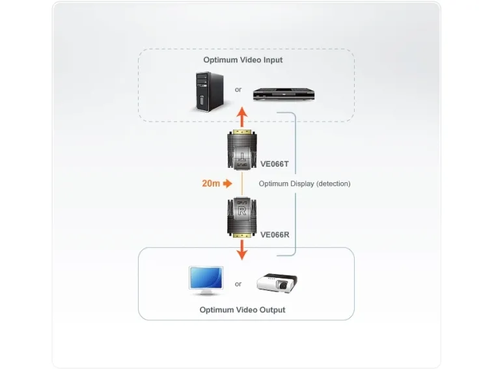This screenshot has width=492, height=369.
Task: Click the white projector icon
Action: click(x=277, y=282)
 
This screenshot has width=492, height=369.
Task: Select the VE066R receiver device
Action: click(x=241, y=217)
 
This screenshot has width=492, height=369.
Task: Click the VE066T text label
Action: click(x=275, y=164)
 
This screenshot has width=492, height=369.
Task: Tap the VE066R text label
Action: click(x=275, y=235)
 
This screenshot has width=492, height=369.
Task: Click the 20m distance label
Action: click(x=210, y=184)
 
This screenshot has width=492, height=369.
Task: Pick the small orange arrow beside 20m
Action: click(x=227, y=184)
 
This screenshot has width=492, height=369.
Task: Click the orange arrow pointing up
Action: click(x=241, y=118)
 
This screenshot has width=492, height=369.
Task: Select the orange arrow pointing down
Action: click(x=241, y=249)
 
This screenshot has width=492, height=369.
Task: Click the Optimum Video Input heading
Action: click(x=243, y=60)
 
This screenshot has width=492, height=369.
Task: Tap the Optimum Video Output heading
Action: click(x=242, y=310)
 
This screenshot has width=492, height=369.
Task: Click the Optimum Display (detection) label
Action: click(x=305, y=184)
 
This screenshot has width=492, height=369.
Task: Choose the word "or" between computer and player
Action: click(x=238, y=89)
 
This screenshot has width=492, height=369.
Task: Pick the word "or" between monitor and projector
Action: click(x=238, y=284)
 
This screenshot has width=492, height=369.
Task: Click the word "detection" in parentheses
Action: click(x=332, y=184)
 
